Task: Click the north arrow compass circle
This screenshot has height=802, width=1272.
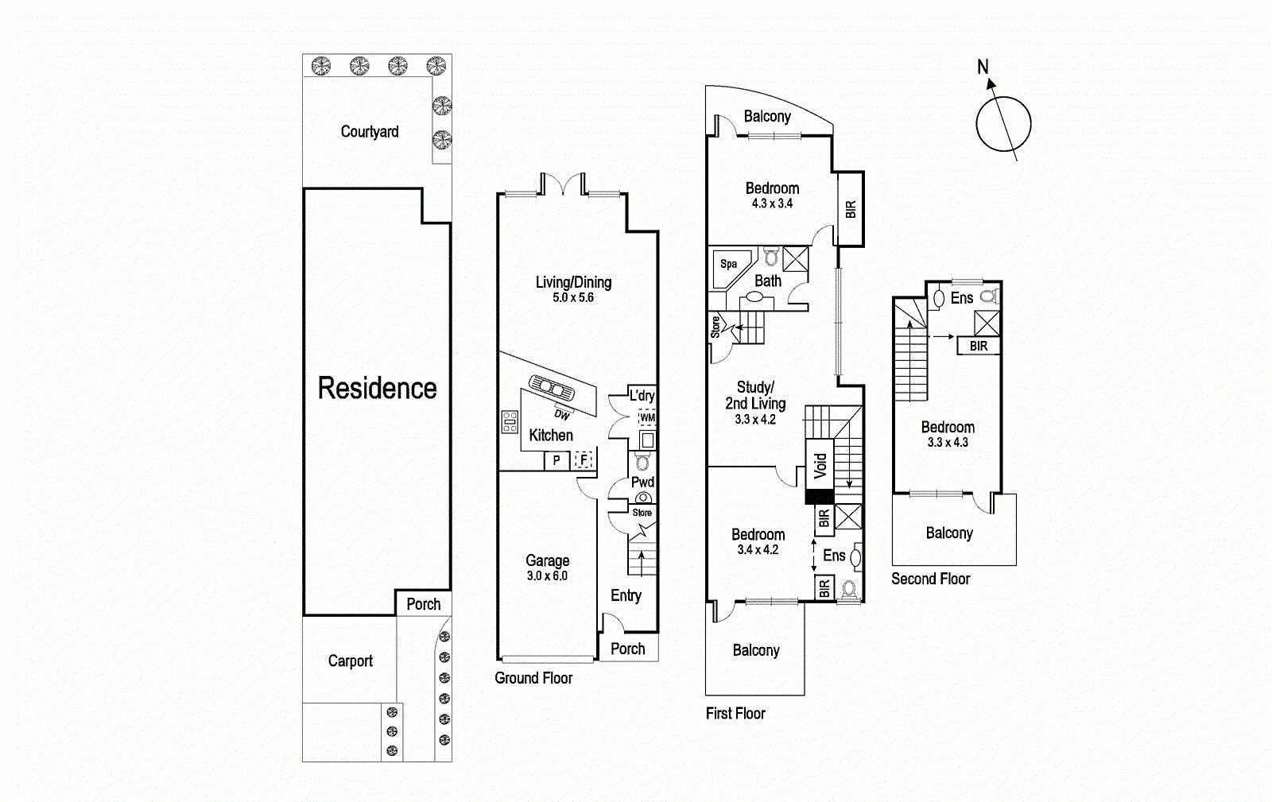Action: tap(1003, 124)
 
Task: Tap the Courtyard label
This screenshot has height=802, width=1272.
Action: tap(370, 132)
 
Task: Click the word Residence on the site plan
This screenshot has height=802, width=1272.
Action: tap(377, 389)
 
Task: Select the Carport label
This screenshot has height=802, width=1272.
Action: tap(350, 661)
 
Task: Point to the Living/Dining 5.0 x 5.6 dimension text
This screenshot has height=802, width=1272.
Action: tap(573, 298)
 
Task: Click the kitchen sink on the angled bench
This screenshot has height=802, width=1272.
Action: tap(552, 388)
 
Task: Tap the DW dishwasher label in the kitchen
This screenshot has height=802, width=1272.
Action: tap(562, 415)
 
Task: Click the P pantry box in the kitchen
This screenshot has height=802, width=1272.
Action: tap(556, 460)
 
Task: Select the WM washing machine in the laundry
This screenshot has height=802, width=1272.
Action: tap(647, 417)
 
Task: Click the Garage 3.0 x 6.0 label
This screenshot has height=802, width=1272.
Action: tap(547, 568)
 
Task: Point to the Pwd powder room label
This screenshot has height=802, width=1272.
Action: tap(642, 482)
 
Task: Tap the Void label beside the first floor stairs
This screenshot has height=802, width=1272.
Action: tap(820, 465)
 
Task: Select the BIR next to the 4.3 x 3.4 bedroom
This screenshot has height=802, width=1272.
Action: tap(851, 209)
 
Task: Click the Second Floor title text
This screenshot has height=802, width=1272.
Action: tap(930, 579)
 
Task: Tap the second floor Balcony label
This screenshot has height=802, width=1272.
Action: tap(949, 533)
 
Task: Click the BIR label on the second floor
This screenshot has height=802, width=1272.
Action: tap(978, 346)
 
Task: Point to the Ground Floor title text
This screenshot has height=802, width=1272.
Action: tap(533, 678)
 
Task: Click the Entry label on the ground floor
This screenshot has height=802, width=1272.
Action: tap(626, 595)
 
